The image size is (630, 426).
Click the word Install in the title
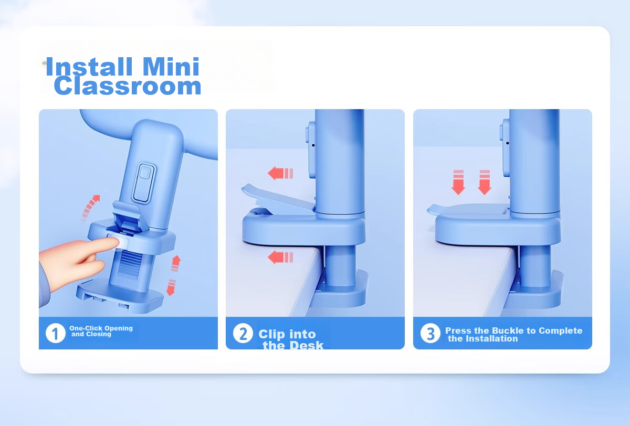(x=89, y=67)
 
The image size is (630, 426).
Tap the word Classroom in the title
(x=128, y=86)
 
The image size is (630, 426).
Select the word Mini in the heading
(x=171, y=67)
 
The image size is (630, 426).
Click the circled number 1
(x=56, y=333)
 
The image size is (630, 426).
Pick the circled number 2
(x=243, y=333)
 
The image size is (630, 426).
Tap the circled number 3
(x=430, y=333)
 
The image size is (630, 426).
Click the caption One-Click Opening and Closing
(x=101, y=331)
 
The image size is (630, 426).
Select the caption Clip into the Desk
(x=291, y=339)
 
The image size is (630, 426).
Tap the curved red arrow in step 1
(x=90, y=207)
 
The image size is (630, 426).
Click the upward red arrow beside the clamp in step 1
(x=176, y=263)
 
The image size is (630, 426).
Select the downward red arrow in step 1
(x=171, y=287)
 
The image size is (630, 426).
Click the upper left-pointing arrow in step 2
(x=280, y=173)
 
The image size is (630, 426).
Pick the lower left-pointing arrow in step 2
(x=280, y=257)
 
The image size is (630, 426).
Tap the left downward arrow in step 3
(x=458, y=182)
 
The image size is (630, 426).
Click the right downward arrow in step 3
(x=485, y=182)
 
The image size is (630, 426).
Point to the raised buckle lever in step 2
(x=277, y=197)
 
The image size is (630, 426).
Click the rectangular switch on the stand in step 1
(x=144, y=183)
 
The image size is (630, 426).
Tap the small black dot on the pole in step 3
(x=507, y=143)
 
